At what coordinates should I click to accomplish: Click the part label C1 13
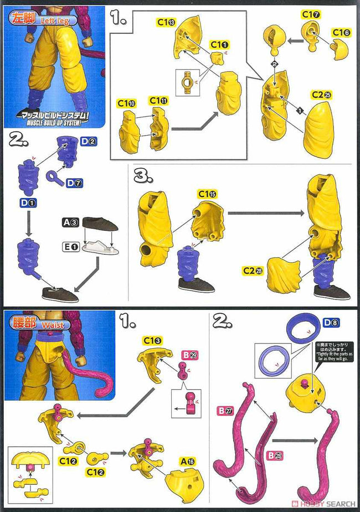point(166,23)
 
